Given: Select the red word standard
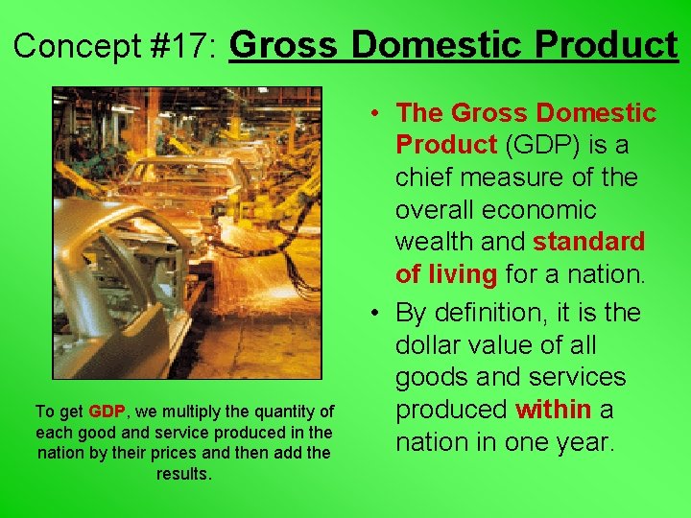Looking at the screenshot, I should click(589, 242).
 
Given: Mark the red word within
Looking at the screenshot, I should click(553, 410).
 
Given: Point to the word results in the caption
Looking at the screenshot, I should click(183, 474).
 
